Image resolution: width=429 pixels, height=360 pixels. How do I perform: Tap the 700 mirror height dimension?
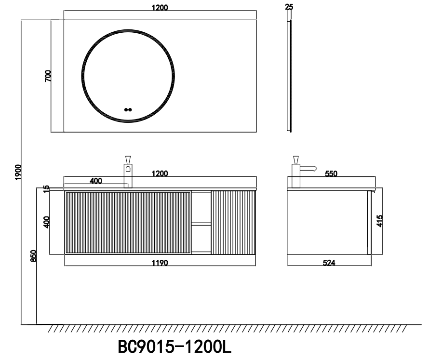tap(48, 76)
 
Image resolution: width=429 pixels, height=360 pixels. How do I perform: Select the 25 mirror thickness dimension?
tap(289, 7)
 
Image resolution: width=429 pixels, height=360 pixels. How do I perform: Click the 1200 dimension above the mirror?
tap(160, 8)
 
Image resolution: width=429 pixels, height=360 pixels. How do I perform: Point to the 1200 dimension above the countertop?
tap(160, 173)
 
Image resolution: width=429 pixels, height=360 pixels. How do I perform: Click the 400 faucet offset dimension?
tap(96, 181)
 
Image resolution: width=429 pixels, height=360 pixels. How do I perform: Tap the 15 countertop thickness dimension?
tap(46, 188)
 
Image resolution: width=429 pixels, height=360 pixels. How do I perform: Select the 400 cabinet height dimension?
tap(47, 222)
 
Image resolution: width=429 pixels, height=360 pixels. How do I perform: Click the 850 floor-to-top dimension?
tap(33, 256)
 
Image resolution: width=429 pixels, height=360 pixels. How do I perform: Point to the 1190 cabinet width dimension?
tap(160, 263)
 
